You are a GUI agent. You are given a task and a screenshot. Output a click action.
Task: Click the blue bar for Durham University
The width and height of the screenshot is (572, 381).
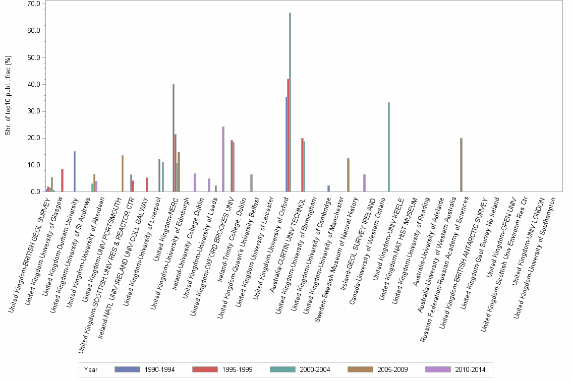(x=75, y=171)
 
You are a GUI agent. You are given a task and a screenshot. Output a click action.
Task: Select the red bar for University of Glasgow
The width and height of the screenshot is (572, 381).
(x=63, y=180)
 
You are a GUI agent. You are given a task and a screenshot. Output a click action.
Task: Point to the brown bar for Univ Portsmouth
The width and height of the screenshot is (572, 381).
(x=123, y=173)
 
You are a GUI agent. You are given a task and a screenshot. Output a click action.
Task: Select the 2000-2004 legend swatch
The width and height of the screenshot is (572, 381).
(x=284, y=370)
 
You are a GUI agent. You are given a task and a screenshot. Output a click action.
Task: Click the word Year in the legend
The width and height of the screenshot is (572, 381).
(x=91, y=370)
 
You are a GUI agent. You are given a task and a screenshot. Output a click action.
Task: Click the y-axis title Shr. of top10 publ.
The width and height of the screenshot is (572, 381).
(x=8, y=96)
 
